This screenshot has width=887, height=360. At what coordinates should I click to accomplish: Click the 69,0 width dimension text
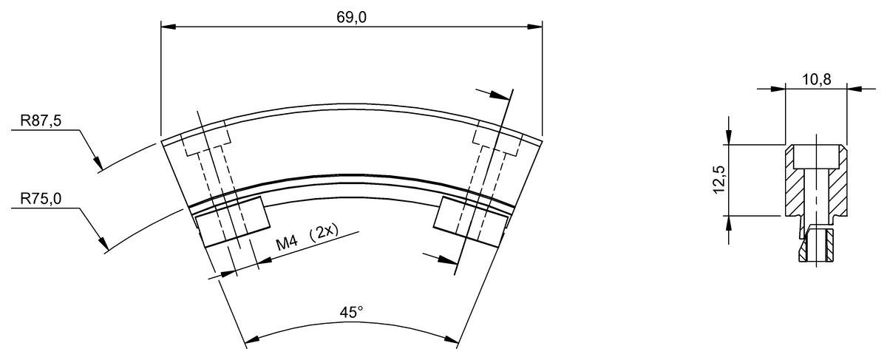tap(351, 18)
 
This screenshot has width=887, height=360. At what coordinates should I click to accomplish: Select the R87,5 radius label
tap(41, 120)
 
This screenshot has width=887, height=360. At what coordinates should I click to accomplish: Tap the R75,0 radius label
tap(41, 198)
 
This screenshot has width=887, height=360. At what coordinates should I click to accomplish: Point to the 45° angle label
tap(351, 313)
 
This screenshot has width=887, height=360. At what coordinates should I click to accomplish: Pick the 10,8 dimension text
tap(817, 80)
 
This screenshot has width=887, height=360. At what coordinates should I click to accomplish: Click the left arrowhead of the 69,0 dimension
tap(169, 27)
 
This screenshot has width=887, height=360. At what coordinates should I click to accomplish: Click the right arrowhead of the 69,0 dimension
tap(534, 27)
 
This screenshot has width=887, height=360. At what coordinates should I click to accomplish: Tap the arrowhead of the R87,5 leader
tap(98, 163)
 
